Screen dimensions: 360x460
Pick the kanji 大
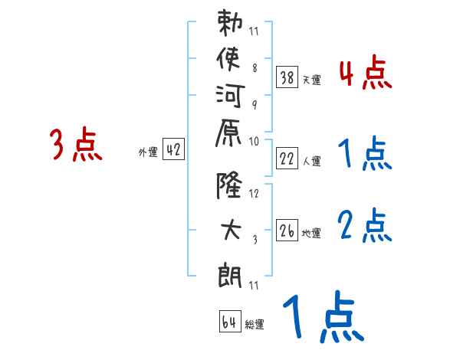pos(231,229)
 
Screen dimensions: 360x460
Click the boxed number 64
pos(229,321)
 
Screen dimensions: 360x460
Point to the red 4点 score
pos(365,75)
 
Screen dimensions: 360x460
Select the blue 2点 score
pos(365,225)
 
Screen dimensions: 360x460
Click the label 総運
pos(255,325)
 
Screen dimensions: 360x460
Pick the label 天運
pos(311,80)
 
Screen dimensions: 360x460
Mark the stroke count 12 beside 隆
pos(255,194)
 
